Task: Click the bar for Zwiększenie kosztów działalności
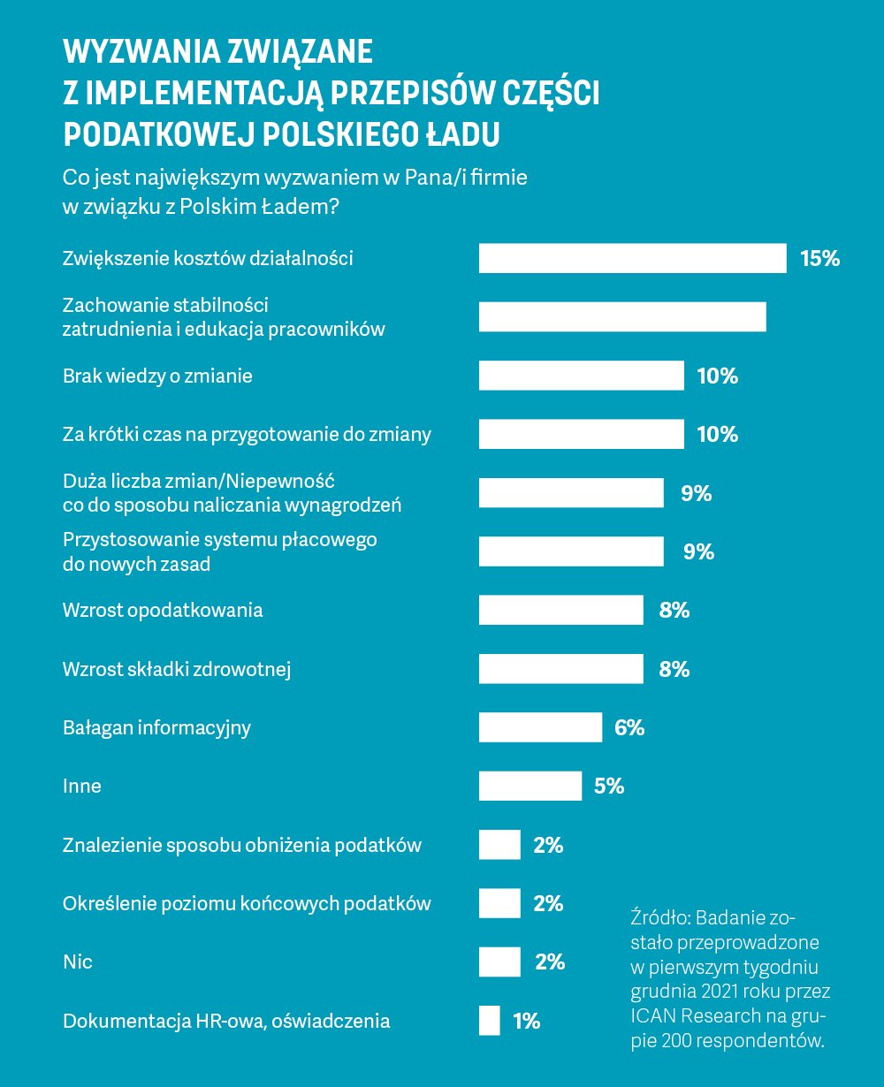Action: click(x=632, y=258)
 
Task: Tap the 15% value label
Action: click(x=819, y=259)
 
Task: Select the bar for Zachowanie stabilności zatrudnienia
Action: click(x=622, y=317)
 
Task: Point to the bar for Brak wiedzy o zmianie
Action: click(x=581, y=376)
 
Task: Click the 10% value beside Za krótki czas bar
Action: click(x=717, y=435)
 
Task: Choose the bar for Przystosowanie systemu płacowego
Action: click(x=571, y=551)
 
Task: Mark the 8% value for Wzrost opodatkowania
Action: click(x=674, y=611)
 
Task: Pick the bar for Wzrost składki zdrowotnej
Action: click(x=560, y=669)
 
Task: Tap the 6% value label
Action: click(x=629, y=728)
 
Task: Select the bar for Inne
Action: click(x=530, y=786)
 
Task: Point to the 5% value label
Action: click(x=609, y=787)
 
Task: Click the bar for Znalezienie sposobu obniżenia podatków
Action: click(x=499, y=845)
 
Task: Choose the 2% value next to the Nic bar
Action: click(x=550, y=962)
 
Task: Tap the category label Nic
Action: click(x=78, y=962)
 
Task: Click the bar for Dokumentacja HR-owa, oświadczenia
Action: click(x=489, y=1021)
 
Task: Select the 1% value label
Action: click(x=526, y=1022)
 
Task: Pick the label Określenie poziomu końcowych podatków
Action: click(x=247, y=903)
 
